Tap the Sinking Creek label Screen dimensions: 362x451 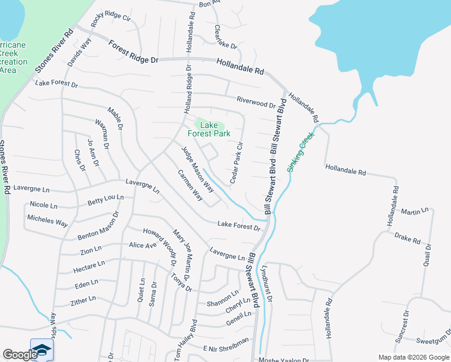[x=301, y=153]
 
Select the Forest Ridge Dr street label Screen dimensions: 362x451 [x=133, y=52]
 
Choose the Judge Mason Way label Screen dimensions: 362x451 [x=198, y=170]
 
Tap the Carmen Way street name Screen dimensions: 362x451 [x=190, y=186]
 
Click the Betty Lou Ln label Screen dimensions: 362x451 [x=106, y=199]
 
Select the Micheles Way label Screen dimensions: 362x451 [x=48, y=221]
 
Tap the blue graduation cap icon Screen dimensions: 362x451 [x=42, y=350]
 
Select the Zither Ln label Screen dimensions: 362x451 [x=83, y=299]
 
